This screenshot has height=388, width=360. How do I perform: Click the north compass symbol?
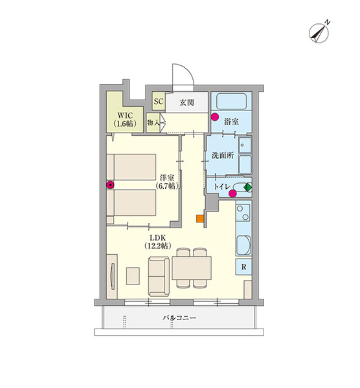tap(319, 32)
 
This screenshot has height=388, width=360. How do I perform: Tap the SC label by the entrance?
tap(159, 102)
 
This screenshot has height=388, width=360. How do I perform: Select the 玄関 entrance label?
tap(187, 102)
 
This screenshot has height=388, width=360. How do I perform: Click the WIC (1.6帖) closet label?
tap(125, 120)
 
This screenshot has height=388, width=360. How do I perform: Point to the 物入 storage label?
tap(153, 122)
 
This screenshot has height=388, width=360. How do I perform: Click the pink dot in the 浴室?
tap(215, 117)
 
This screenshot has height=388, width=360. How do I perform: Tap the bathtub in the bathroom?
tap(231, 101)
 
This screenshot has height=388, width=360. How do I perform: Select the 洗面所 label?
tap(223, 155)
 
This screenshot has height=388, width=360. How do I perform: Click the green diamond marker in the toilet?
tap(247, 188)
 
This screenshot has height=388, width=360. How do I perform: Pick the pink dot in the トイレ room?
tap(232, 194)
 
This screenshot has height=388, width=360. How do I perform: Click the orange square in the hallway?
tap(200, 219)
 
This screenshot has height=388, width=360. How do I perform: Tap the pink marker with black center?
tap(110, 184)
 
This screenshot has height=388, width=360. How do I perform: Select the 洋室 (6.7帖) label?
tap(167, 182)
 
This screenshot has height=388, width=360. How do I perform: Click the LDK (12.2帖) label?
tap(157, 241)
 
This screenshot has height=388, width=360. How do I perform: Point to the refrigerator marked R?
tap(244, 266)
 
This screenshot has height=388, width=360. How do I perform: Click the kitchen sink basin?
tap(243, 245)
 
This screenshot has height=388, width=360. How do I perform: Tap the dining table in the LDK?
tap(192, 268)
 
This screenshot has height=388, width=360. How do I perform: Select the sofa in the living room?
tap(159, 276)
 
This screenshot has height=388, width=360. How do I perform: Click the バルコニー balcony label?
tap(179, 318)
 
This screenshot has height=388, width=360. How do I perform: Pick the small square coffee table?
tap(133, 275)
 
